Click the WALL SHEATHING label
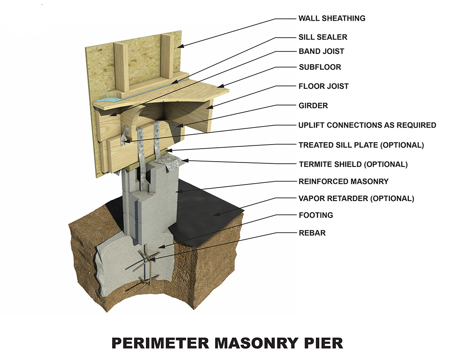(332, 19)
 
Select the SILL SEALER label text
(323, 37)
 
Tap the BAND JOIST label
(321, 51)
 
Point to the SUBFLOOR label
(320, 67)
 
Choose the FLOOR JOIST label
(323, 86)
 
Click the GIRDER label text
(313, 106)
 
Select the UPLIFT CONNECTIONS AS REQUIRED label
(367, 125)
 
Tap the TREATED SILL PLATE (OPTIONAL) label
(361, 145)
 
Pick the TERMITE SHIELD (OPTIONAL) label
(353, 164)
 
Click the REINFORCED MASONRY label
(343, 182)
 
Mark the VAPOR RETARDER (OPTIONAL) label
(356, 198)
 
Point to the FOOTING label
(316, 215)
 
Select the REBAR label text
(312, 233)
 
